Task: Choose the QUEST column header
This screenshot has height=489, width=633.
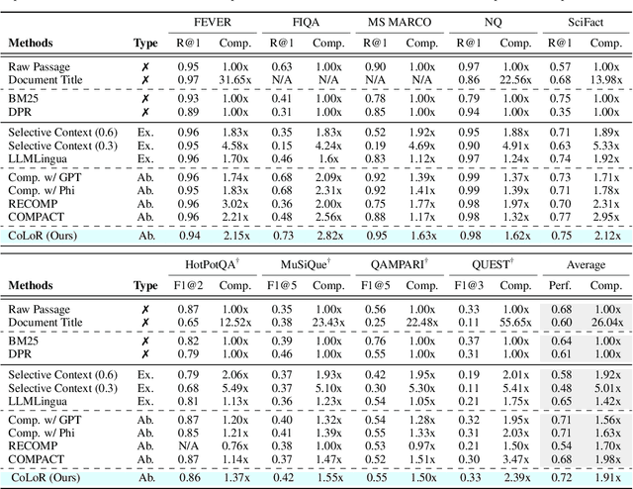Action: point(497,265)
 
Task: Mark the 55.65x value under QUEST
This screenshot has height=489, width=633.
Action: point(516,321)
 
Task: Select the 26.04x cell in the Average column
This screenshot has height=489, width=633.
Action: point(608,321)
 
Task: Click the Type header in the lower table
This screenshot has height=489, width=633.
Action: point(145,285)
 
